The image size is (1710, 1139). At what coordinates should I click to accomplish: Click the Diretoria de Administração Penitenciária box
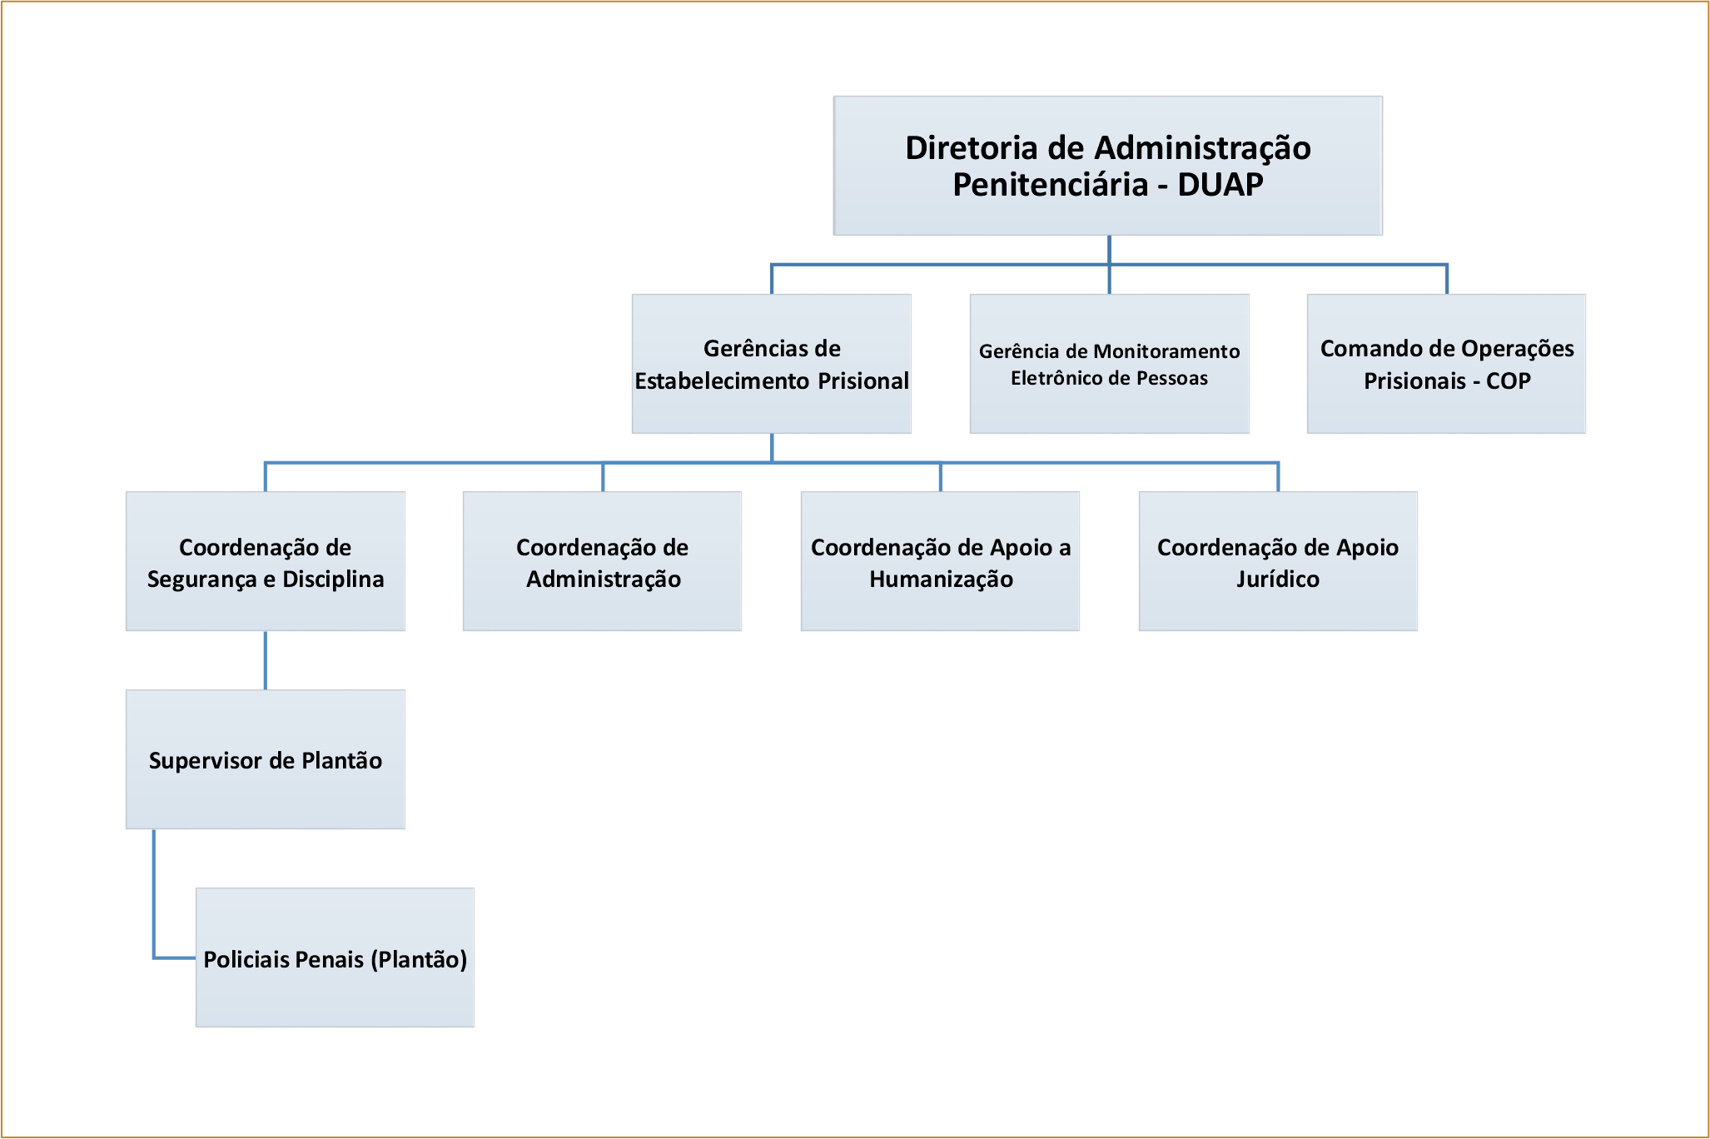[1108, 166]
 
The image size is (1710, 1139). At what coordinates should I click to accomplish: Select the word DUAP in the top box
[1220, 185]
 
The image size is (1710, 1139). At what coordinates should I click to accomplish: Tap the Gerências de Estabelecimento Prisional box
[772, 364]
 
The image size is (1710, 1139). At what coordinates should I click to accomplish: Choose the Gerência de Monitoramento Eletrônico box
[1110, 364]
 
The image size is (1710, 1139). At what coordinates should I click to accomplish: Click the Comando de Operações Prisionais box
[1447, 364]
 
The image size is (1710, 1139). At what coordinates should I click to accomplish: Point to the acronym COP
[1509, 381]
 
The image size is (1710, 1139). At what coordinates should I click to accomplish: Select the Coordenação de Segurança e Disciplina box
[266, 561]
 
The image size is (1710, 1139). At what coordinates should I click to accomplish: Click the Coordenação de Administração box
[603, 561]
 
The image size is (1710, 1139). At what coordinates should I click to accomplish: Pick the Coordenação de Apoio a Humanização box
[941, 561]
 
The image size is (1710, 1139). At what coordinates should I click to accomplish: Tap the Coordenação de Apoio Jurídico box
[1278, 561]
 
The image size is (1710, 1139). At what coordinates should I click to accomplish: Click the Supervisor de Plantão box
[266, 759]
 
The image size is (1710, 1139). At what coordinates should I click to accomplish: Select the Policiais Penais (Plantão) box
[336, 957]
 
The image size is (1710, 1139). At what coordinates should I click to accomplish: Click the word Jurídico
[1278, 579]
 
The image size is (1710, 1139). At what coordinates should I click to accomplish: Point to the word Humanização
[942, 580]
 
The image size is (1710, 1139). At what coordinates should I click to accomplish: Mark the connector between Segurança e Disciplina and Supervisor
[266, 660]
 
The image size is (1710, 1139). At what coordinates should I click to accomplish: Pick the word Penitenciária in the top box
[1051, 185]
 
